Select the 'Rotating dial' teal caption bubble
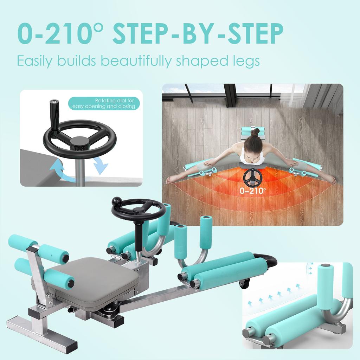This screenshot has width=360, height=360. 104,103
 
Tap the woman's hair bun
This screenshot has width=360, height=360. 256,132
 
